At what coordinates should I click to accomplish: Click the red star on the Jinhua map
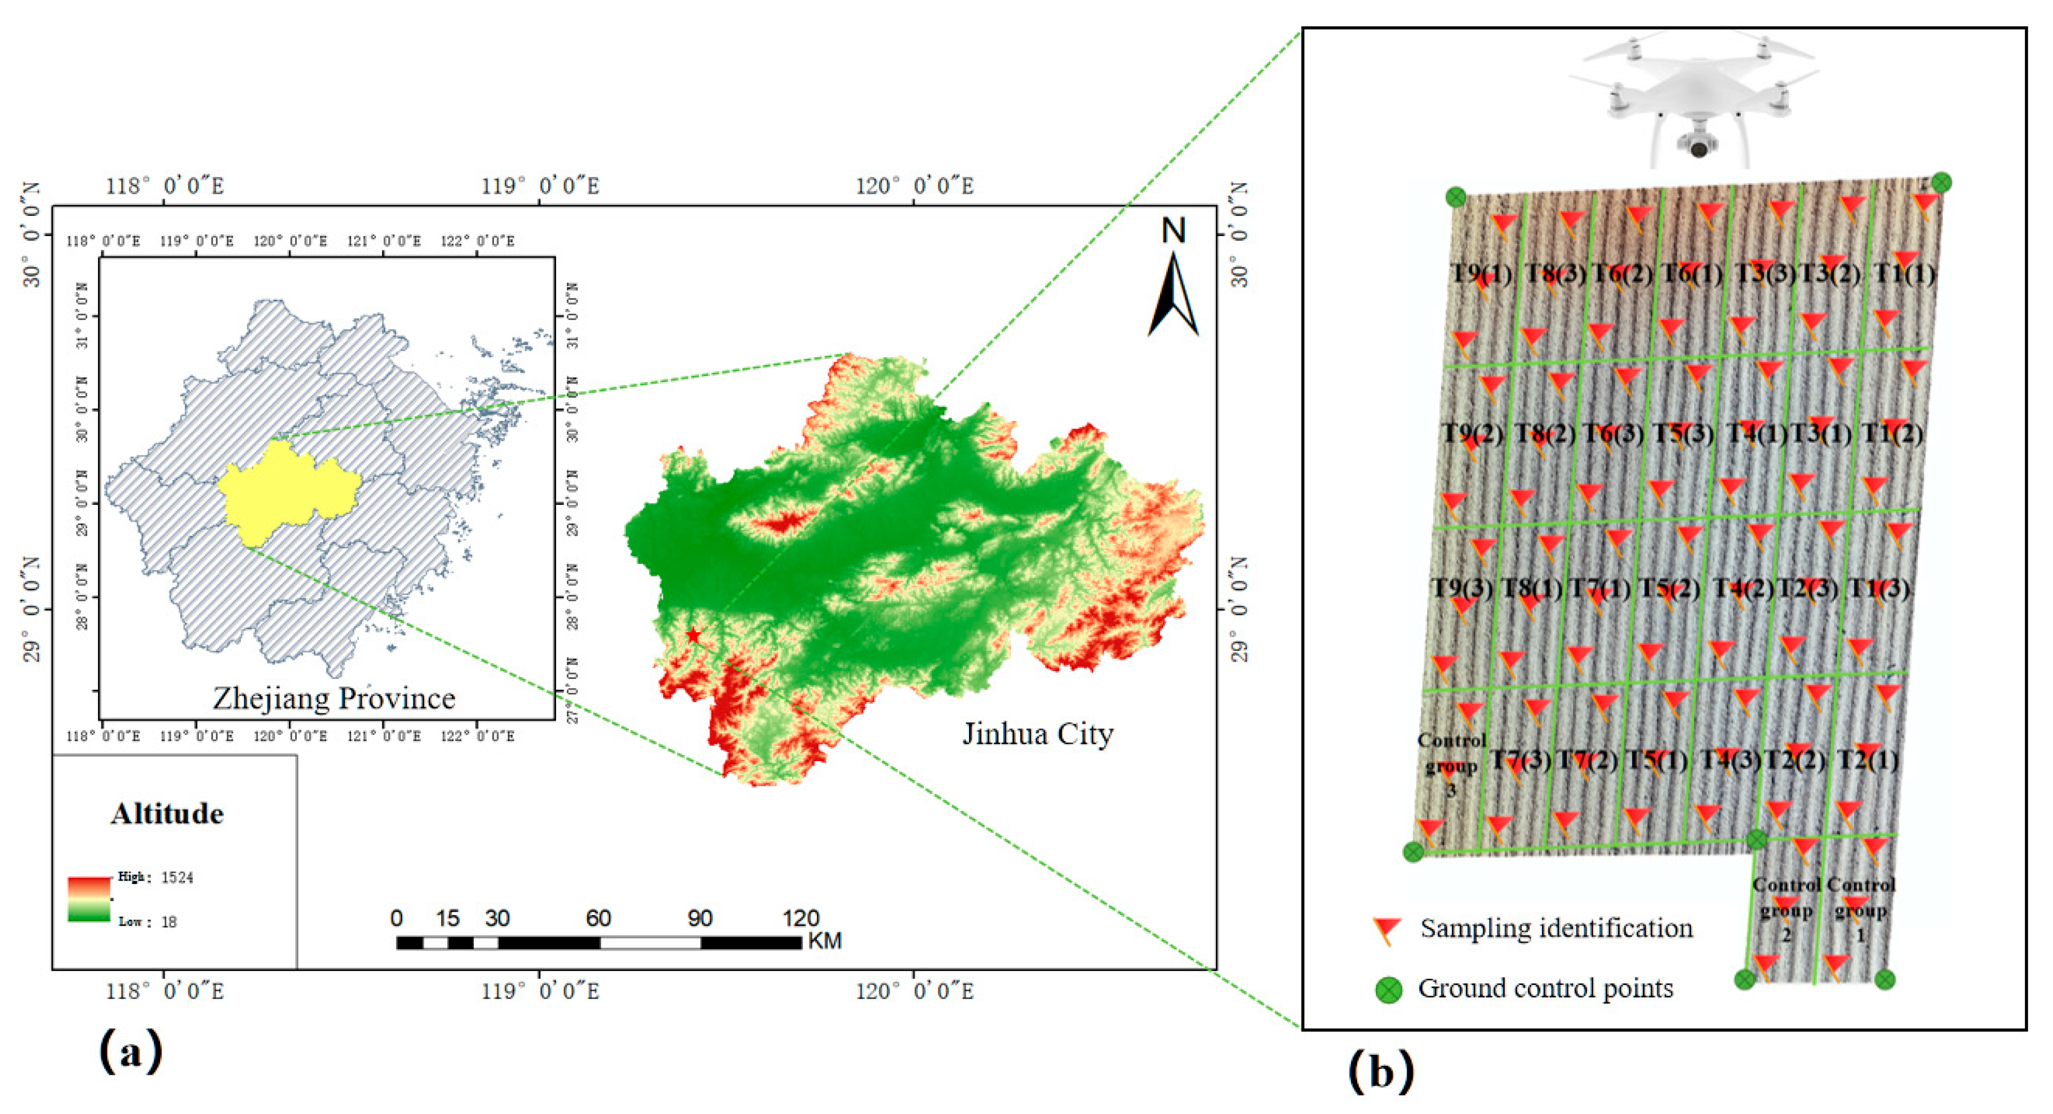(x=694, y=635)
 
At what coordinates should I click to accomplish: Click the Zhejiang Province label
(x=334, y=699)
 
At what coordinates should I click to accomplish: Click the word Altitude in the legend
(x=167, y=814)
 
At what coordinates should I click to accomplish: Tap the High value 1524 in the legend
(x=177, y=877)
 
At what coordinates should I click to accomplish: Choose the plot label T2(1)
(x=1867, y=760)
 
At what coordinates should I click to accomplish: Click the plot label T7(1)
(x=1599, y=589)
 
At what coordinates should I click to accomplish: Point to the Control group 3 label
(x=1451, y=765)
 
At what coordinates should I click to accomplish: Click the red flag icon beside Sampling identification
(x=1386, y=930)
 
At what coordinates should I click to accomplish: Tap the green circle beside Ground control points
(x=1389, y=989)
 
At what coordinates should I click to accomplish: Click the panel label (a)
(x=131, y=1051)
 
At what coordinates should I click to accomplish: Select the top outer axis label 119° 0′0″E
(x=540, y=187)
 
